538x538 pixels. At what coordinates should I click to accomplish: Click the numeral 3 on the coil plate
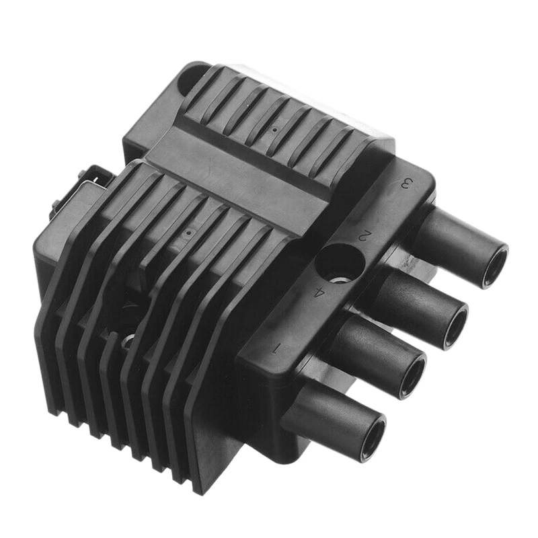(406, 183)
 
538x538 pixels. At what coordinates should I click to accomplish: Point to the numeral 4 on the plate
(320, 293)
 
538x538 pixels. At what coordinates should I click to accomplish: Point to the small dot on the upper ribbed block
(275, 127)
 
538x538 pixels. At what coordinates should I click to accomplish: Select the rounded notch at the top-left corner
(195, 76)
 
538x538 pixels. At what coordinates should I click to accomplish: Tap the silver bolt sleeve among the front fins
(127, 341)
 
